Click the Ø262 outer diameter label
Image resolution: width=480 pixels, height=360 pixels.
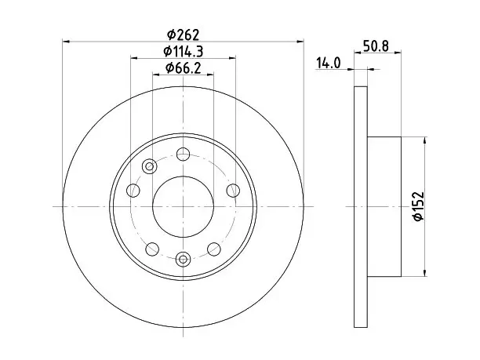click(183, 35)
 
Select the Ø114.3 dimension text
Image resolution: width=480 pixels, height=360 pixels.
click(183, 51)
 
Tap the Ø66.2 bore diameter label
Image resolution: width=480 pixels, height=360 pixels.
click(183, 67)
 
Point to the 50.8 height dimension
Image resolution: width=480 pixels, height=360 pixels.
click(376, 46)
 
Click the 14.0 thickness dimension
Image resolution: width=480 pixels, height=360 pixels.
click(328, 63)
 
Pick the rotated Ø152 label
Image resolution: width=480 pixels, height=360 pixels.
click(418, 206)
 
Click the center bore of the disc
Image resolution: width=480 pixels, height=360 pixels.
click(183, 206)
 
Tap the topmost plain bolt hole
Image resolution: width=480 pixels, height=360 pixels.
click(183, 154)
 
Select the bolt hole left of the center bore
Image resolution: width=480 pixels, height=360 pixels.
click(133, 191)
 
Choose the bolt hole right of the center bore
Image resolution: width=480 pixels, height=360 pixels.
click(233, 191)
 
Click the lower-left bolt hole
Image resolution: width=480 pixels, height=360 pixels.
click(152, 249)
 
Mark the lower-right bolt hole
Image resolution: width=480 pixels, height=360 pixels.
click(214, 249)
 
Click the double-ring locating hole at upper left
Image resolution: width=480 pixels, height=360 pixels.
click(149, 166)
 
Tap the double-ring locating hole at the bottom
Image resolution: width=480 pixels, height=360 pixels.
click(183, 260)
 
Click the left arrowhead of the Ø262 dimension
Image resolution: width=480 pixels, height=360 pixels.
click(66, 41)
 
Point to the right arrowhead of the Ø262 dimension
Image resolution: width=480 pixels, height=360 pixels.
click(300, 41)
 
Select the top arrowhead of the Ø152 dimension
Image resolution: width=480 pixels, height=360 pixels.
click(424, 140)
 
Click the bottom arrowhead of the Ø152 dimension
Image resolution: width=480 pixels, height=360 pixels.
click(424, 273)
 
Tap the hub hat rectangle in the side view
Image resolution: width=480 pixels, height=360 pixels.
click(384, 206)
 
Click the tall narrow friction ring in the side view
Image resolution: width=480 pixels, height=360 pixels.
click(361, 207)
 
